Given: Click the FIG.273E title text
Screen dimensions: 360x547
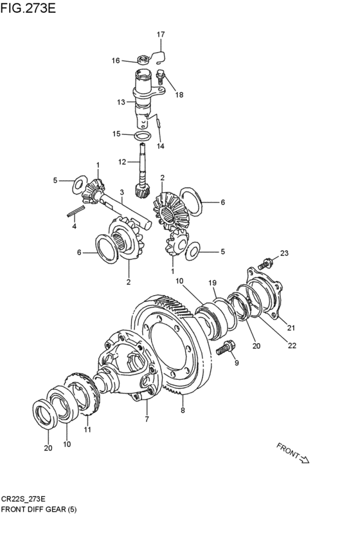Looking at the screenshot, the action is (x=28, y=8).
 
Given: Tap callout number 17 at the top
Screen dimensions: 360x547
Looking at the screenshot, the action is (x=161, y=34).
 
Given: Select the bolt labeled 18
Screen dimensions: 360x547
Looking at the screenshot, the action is (x=161, y=77).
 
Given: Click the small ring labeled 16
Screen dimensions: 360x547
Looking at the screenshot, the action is (x=143, y=60).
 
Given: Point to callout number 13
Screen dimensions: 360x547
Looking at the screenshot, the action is (x=121, y=102).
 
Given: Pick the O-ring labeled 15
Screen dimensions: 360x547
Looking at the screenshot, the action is (x=143, y=136).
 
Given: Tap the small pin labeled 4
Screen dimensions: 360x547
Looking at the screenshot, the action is (x=76, y=211).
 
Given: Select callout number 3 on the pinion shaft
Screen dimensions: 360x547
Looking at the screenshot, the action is (x=122, y=192).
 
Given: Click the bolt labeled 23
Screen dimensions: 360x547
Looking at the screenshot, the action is (x=265, y=264).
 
